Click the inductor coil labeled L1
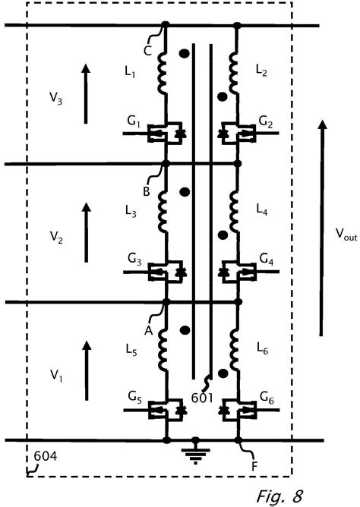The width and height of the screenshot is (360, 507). (163, 74)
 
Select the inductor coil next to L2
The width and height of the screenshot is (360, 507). (234, 74)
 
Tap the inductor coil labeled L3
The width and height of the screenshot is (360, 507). (163, 212)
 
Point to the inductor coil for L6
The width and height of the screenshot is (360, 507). (235, 350)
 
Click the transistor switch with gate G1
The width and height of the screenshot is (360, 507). (165, 133)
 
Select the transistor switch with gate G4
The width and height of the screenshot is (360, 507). (238, 271)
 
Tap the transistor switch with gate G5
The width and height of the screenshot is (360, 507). (166, 409)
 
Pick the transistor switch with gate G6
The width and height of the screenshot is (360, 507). (238, 409)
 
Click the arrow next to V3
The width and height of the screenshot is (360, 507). (85, 94)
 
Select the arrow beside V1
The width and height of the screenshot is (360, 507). (87, 371)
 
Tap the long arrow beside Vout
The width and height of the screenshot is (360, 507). (321, 228)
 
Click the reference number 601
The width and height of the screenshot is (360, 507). (202, 398)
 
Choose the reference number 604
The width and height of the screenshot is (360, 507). (46, 456)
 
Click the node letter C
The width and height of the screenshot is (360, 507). (147, 51)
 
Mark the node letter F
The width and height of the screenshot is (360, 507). (254, 466)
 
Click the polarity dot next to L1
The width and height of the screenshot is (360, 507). (185, 54)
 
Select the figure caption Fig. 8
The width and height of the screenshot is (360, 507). (280, 496)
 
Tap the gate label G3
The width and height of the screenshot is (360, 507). (134, 260)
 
